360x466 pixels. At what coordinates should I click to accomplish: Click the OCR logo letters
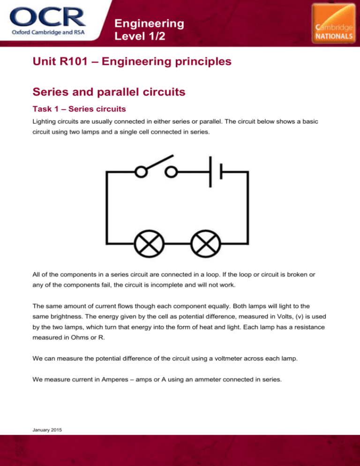pos(48,17)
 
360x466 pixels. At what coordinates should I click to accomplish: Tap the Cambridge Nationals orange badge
pos(334,24)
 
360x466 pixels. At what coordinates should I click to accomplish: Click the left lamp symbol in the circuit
pos(149,244)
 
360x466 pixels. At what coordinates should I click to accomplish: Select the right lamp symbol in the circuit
pos(206,244)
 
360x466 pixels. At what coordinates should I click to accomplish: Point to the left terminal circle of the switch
pos(141,172)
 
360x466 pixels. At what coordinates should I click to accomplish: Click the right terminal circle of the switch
pos(171,172)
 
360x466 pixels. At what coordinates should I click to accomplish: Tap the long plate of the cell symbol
pos(210,172)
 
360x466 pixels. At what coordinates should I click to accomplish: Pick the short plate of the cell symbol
pos(221,172)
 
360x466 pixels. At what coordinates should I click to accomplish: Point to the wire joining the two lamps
pos(178,244)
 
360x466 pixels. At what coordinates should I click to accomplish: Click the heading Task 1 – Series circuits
pos(79,109)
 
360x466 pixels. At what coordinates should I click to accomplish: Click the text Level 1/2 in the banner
pos(140,36)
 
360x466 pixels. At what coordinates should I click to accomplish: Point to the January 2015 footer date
pos(47,430)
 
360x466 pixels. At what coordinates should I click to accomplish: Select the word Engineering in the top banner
pos(149,23)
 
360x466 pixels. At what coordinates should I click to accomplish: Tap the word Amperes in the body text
pos(115,380)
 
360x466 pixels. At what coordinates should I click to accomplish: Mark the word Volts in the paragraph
pos(285,316)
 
